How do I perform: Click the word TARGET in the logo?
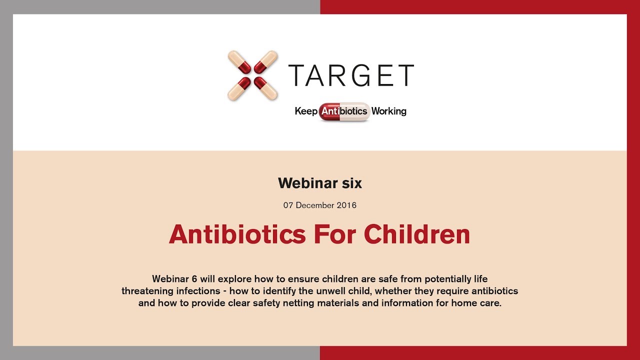click(x=351, y=75)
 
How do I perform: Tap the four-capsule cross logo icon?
click(x=252, y=75)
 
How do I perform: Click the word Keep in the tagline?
click(x=306, y=111)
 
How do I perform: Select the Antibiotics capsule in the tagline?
click(x=344, y=111)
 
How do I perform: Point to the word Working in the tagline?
click(x=388, y=111)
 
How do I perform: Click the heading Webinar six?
click(x=320, y=183)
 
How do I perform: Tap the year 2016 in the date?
click(x=346, y=205)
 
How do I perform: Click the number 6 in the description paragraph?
click(x=193, y=278)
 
